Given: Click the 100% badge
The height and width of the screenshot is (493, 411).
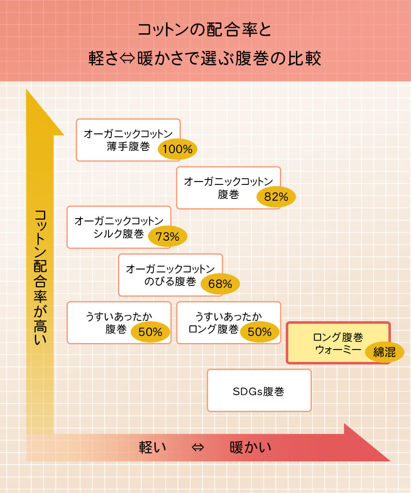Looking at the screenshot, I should coord(178,149).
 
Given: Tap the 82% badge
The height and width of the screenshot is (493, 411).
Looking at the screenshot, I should coord(276,197).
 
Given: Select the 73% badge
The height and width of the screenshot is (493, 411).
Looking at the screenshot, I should coord(167,237).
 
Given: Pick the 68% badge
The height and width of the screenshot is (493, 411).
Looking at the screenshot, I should coord(220,284).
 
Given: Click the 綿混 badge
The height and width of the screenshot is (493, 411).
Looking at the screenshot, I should coord(384,352).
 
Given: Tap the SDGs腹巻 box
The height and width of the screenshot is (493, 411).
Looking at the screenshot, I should coord(259,391).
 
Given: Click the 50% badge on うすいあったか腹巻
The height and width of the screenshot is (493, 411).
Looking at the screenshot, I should coord(150,332).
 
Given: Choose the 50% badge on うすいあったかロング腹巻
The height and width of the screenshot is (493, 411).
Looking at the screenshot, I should coord(260,332).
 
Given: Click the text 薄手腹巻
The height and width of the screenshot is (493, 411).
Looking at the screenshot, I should coord(128,147).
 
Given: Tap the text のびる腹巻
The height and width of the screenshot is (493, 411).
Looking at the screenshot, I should coord(170,281).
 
